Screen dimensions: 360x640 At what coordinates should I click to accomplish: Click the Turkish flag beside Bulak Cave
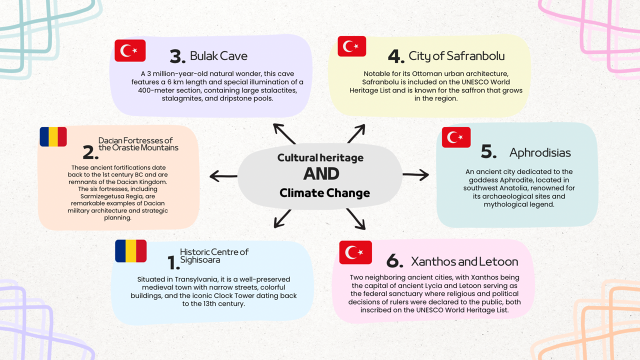[130, 50]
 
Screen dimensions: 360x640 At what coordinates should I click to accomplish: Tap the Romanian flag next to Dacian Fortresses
[53, 136]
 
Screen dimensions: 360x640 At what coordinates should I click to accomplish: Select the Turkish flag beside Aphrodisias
[456, 137]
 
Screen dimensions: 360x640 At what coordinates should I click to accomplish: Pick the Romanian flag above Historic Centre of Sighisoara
[130, 251]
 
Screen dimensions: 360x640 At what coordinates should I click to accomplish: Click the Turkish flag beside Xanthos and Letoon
[355, 252]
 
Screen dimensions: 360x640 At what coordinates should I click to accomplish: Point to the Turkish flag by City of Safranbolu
[352, 46]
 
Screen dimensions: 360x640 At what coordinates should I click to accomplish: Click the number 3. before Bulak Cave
[177, 57]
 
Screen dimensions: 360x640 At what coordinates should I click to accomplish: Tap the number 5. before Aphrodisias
[488, 152]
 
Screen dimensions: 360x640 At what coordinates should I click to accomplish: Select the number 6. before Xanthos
[394, 261]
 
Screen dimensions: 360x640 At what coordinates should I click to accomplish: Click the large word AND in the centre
[321, 174]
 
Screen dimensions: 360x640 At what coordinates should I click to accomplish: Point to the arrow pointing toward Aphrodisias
[415, 174]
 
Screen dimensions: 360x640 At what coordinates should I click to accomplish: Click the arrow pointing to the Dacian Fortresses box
[223, 175]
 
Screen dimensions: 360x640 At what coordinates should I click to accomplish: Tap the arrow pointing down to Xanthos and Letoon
[355, 218]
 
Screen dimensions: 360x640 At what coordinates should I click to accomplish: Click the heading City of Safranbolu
[456, 56]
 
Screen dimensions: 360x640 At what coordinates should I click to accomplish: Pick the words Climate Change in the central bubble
[324, 193]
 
